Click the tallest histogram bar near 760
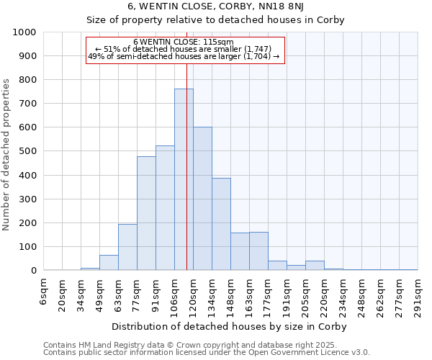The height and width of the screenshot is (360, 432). (x=184, y=179)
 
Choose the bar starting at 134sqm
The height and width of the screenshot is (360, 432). (x=221, y=224)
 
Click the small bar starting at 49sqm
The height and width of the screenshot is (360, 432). (x=109, y=263)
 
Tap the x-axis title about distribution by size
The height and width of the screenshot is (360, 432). (x=231, y=326)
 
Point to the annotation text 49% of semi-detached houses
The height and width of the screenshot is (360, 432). (x=183, y=56)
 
